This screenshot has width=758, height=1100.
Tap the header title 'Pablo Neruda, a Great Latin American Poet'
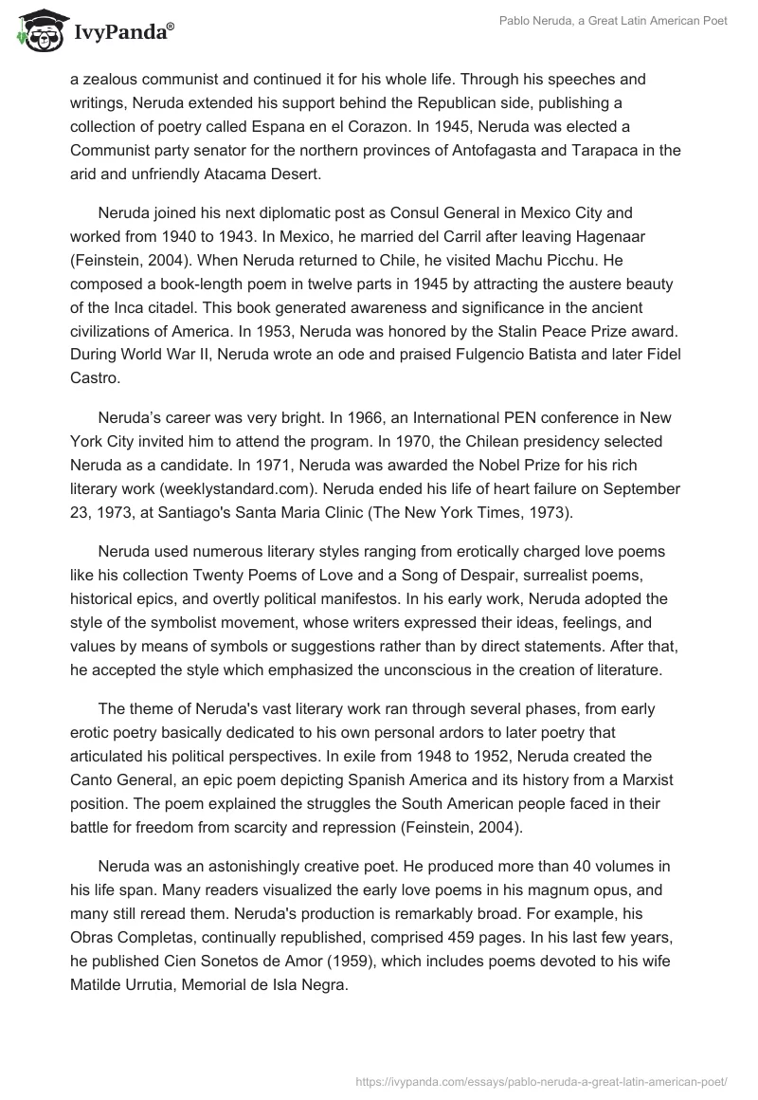(x=615, y=22)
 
